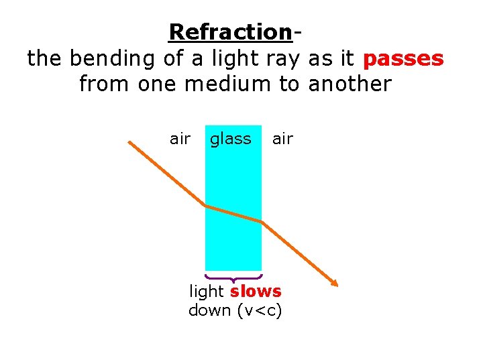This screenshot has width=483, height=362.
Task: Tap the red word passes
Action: coord(402,58)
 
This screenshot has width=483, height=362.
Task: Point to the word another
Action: coord(350,84)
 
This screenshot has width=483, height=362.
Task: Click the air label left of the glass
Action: coord(180,139)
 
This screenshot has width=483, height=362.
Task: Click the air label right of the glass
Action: coord(282,139)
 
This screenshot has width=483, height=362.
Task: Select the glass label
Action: coord(230,139)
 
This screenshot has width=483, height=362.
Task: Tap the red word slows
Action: coord(256,292)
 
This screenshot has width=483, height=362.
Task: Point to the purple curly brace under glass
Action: coord(233,277)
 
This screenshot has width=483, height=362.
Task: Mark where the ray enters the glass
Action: coord(205,206)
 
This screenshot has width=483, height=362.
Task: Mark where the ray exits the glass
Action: coord(261,221)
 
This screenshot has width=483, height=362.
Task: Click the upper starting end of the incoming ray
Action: coord(130,142)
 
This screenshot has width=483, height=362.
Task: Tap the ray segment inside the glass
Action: coord(233,214)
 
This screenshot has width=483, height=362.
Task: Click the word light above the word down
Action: coord(207,292)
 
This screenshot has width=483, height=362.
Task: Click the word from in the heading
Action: coord(103,84)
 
